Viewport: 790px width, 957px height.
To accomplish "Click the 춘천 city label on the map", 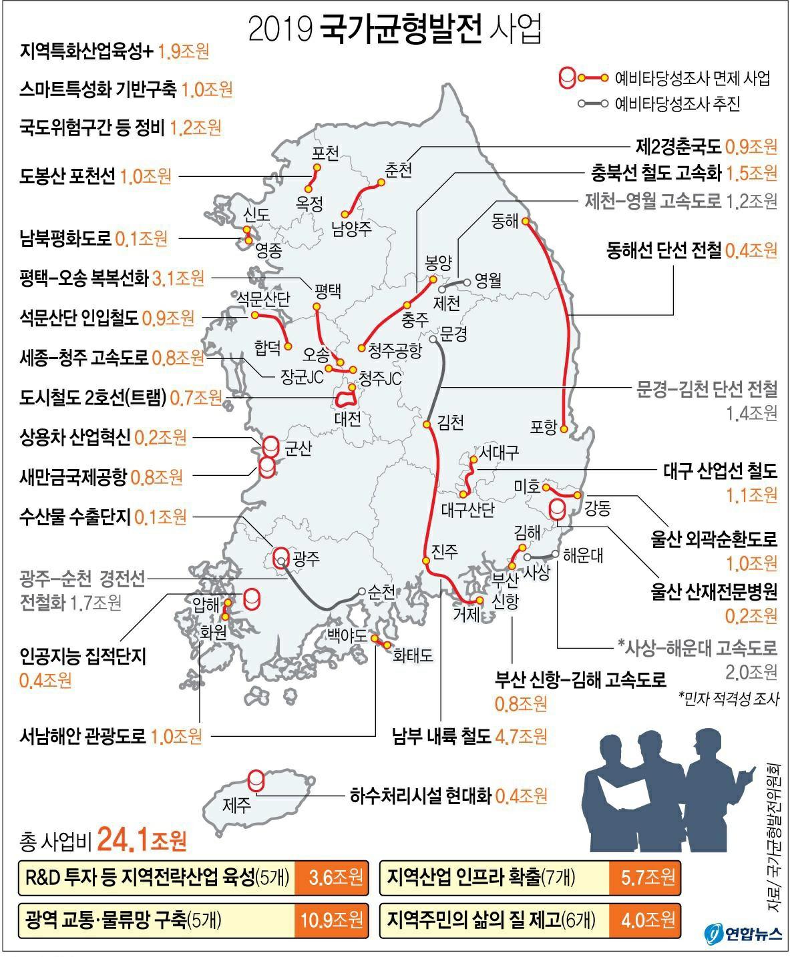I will coord(398,170).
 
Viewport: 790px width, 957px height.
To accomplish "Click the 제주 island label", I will coord(237,804).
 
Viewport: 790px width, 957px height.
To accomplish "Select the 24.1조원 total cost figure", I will coord(142,841).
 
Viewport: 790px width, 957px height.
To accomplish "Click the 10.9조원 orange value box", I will coord(331,920).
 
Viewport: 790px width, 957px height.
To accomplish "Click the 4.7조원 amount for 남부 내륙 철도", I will coord(521,736).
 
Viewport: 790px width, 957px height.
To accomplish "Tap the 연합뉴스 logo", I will coord(743,934).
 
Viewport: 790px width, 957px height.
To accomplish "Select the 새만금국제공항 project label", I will coord(73,476).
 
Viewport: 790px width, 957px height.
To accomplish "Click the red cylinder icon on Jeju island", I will coord(256,779).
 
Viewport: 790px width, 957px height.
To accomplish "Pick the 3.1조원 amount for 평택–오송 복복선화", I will coord(178,278).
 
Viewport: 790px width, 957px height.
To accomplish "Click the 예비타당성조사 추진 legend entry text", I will coord(677,104).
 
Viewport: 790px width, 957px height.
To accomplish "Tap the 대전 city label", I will coord(347,419).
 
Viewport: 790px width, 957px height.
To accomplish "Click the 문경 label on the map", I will coord(454,334).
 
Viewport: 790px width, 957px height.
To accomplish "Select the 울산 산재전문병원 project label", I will coord(715,590).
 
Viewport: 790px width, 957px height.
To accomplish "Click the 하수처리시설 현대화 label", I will coord(421,795).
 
